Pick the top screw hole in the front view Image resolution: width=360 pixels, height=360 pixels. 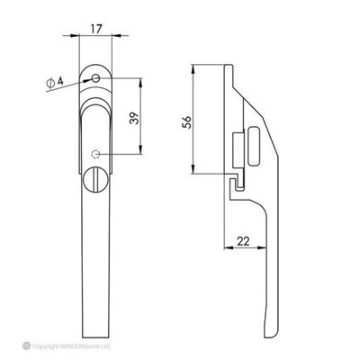(x=96, y=79)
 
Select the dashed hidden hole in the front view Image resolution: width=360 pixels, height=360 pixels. (x=97, y=152)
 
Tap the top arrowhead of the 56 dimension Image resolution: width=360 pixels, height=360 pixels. (x=195, y=67)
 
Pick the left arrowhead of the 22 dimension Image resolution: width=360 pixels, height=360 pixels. (x=222, y=248)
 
